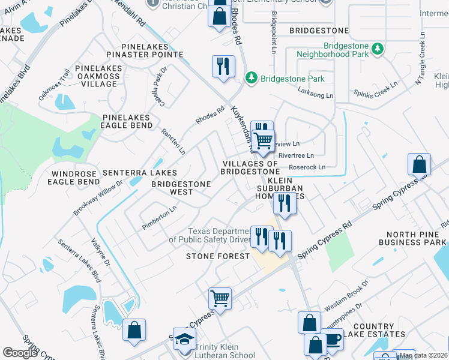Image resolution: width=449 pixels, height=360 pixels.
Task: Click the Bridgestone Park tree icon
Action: (252, 79)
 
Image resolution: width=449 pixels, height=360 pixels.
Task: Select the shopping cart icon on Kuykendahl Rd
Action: (264, 140)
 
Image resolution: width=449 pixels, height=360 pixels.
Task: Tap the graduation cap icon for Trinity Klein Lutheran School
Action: (185, 339)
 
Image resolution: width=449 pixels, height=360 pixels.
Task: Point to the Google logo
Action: (20, 353)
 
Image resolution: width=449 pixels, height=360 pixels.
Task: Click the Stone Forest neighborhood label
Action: (217, 256)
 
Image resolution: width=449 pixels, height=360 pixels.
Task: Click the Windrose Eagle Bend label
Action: (73, 177)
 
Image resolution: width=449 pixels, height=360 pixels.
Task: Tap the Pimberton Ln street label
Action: (159, 218)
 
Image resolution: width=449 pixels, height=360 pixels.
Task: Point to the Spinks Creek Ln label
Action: (376, 91)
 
